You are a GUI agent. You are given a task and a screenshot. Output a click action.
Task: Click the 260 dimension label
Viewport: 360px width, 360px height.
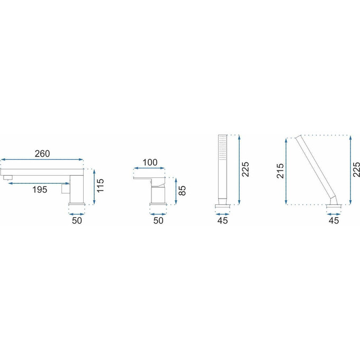coord(42,154)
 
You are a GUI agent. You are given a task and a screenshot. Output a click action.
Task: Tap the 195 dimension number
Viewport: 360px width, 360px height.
coord(40,190)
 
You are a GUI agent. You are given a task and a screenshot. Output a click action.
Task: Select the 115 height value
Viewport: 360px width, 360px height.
coord(100,185)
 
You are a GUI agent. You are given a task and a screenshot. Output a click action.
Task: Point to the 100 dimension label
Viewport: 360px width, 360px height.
coord(150,163)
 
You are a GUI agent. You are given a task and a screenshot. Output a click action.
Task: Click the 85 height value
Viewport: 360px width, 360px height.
coord(182,191)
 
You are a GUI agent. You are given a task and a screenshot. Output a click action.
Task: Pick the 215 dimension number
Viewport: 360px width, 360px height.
coord(281,171)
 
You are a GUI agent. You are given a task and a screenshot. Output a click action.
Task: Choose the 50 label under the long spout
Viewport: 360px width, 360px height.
coord(77,220)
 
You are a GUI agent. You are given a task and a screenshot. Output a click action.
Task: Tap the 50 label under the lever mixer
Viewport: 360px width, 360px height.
coord(158,220)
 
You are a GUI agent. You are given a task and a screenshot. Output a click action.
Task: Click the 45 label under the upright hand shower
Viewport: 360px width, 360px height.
coord(222,220)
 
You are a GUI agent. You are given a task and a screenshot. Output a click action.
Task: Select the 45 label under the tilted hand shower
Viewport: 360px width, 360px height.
coord(334,220)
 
